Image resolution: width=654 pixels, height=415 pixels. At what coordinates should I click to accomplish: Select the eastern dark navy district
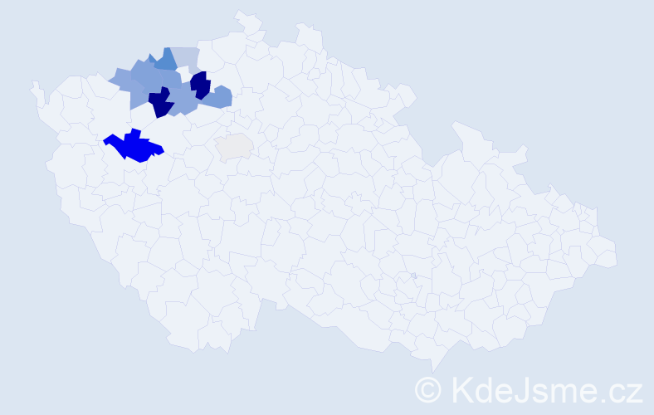(x=200, y=85)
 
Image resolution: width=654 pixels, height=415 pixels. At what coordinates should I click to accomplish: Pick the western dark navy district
(x=160, y=104)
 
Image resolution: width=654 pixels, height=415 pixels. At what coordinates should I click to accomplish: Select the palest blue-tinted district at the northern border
(x=187, y=58)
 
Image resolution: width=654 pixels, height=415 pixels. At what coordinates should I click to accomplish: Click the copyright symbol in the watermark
(x=427, y=388)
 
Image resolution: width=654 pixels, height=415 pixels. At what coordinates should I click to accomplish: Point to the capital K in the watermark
(x=461, y=388)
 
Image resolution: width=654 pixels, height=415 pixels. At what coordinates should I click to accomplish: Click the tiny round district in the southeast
(x=413, y=276)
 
